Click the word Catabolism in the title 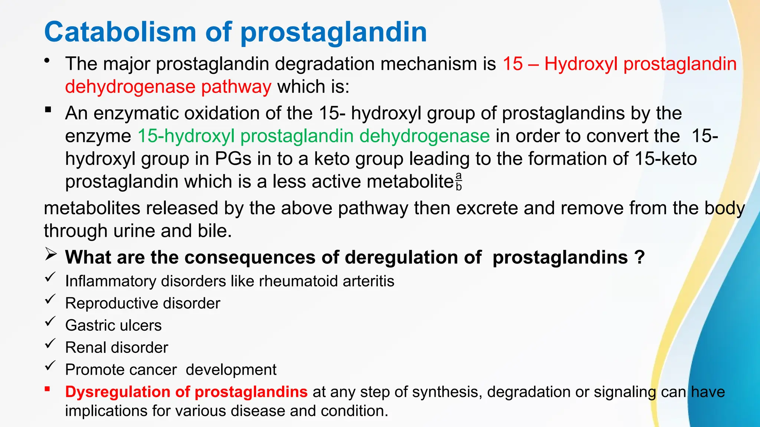point(120,32)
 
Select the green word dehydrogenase point(425,136)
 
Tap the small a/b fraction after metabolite point(459,181)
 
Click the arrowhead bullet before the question point(50,255)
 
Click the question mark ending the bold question point(639,257)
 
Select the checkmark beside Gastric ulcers point(50,321)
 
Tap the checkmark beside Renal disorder point(50,344)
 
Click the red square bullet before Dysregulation point(47,389)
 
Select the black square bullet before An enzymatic point(47,110)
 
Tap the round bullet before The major point(46,61)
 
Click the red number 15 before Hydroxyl point(513,64)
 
